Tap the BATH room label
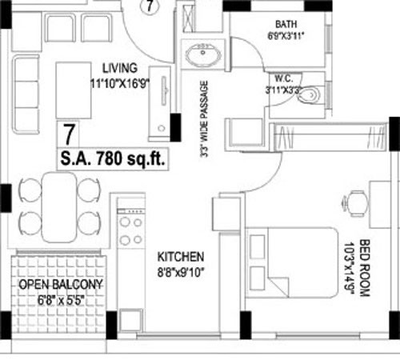coord(286,25)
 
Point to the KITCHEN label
coord(181,258)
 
